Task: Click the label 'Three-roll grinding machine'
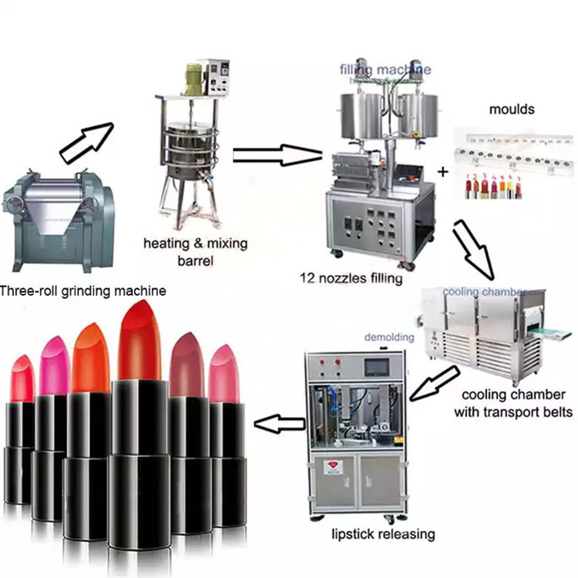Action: click(x=82, y=291)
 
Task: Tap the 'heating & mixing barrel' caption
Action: click(x=196, y=251)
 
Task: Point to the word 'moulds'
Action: click(x=512, y=109)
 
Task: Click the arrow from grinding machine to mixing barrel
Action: click(x=86, y=141)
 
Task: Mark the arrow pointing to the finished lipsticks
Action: click(x=278, y=422)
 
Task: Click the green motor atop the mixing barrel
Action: click(x=192, y=79)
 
